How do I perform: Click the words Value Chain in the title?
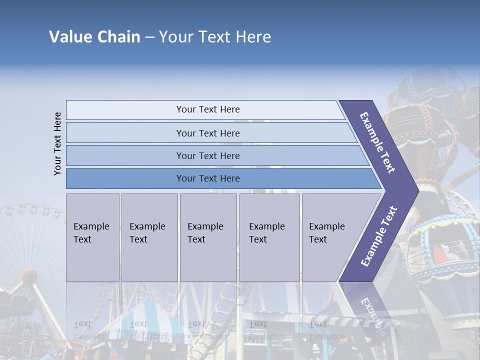tap(94, 37)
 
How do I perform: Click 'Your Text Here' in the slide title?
tap(215, 37)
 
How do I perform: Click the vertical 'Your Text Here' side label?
tap(57, 143)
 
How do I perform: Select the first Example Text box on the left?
tap(92, 237)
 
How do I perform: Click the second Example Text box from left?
tap(149, 237)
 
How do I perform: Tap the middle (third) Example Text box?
tap(208, 237)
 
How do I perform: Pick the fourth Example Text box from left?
tap(269, 237)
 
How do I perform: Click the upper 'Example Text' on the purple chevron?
tap(377, 142)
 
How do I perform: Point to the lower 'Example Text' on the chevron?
tap(379, 236)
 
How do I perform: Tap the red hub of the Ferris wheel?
tap(29, 275)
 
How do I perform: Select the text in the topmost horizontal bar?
tap(208, 109)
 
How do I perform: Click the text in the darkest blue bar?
tap(208, 178)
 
